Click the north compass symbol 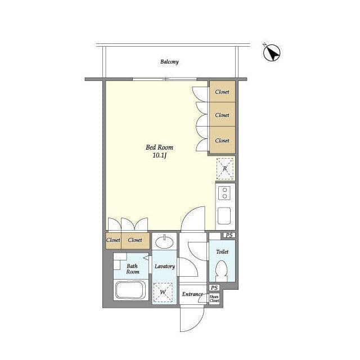click(x=272, y=52)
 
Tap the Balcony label click(x=169, y=62)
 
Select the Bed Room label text click(x=160, y=147)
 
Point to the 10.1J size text click(x=159, y=155)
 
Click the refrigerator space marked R click(x=225, y=169)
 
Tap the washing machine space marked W click(x=163, y=292)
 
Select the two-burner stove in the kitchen click(x=224, y=193)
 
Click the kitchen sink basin click(x=224, y=216)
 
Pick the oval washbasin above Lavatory click(x=164, y=242)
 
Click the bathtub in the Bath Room click(x=130, y=290)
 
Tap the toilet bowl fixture click(x=222, y=271)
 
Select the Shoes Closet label click(x=214, y=299)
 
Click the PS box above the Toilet click(x=229, y=235)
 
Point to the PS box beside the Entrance click(x=214, y=287)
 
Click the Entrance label click(x=192, y=294)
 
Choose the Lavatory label click(x=165, y=266)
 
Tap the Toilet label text click(x=222, y=251)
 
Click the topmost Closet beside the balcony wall click(x=222, y=92)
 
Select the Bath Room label click(x=133, y=269)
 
